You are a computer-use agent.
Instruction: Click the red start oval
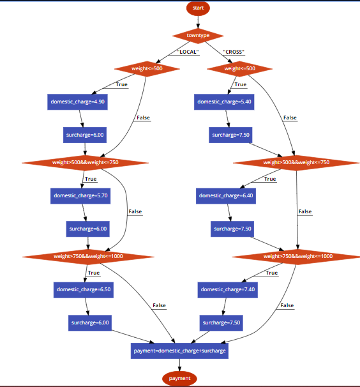tap(198, 8)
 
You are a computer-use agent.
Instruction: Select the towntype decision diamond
tap(198, 35)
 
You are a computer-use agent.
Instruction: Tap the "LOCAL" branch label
tap(188, 52)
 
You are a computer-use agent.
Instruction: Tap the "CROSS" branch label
tap(234, 52)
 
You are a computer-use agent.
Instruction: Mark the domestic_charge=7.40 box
tap(228, 289)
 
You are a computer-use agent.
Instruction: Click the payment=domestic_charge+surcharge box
tap(179, 351)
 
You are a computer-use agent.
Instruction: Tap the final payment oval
tap(179, 378)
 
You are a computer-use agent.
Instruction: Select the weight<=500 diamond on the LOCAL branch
tap(147, 68)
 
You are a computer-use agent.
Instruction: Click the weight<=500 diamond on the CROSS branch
tap(239, 68)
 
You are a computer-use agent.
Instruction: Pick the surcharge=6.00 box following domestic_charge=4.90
tap(85, 135)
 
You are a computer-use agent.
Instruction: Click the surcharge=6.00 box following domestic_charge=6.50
tap(90, 322)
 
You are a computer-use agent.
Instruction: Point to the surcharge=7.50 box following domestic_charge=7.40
tap(221, 322)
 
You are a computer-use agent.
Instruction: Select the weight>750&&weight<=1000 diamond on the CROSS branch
tap(298, 256)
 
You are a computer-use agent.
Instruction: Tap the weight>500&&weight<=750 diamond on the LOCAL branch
tap(86, 162)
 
